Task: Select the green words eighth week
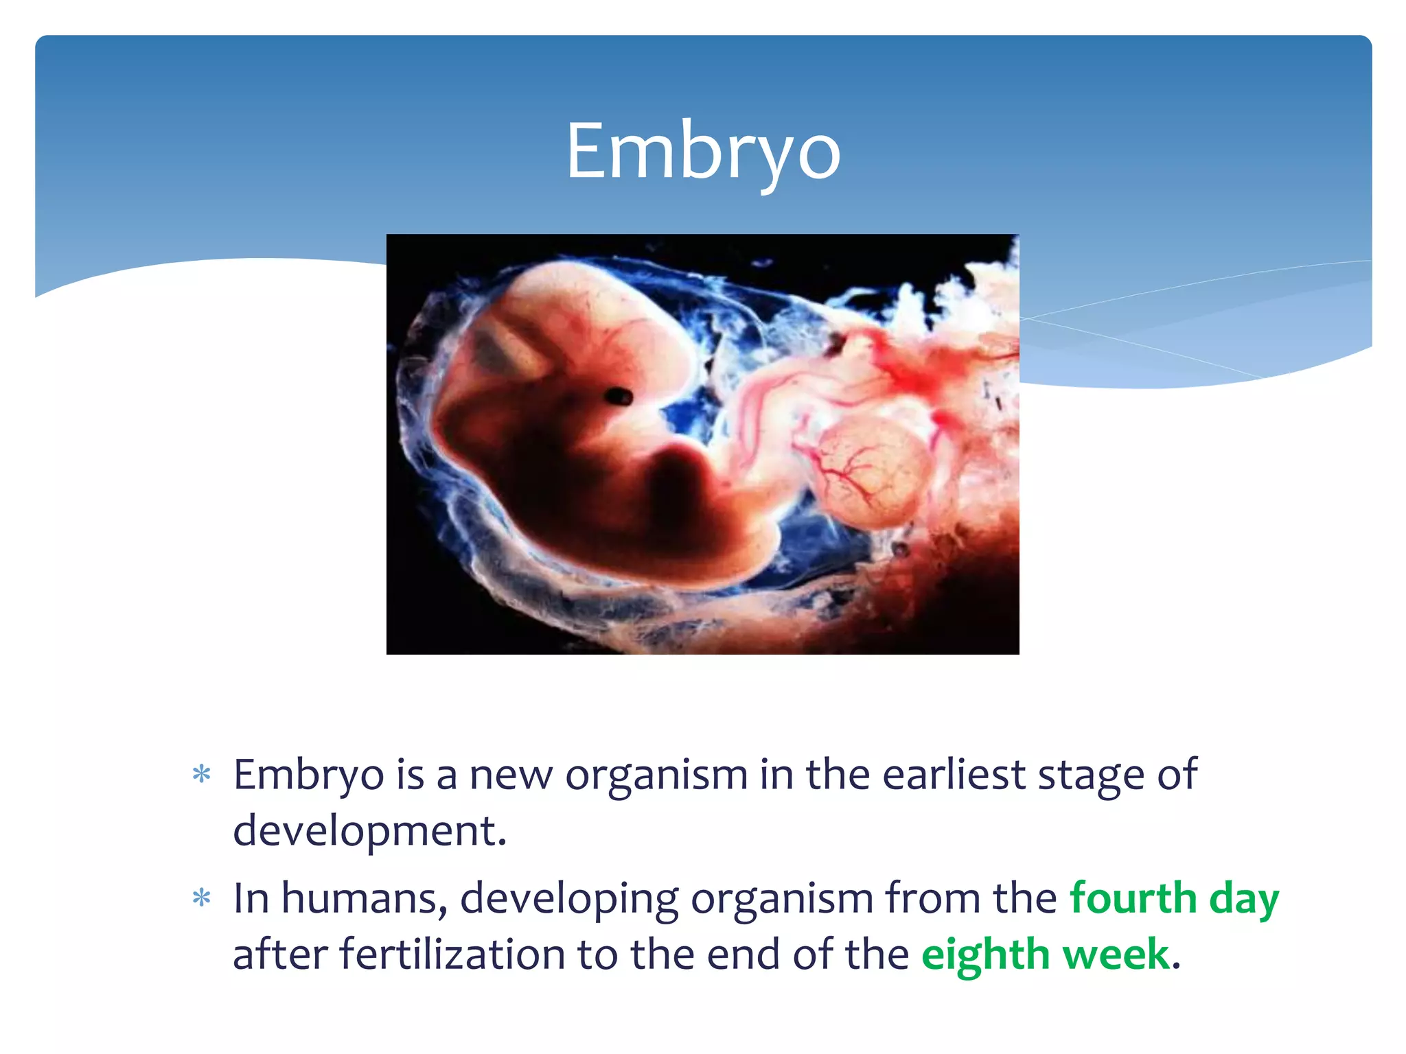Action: [x=1045, y=954]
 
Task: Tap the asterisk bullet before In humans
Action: [x=201, y=898]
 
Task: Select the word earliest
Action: [x=953, y=774]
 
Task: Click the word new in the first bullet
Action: [x=510, y=774]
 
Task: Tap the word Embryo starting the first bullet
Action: [x=308, y=774]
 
